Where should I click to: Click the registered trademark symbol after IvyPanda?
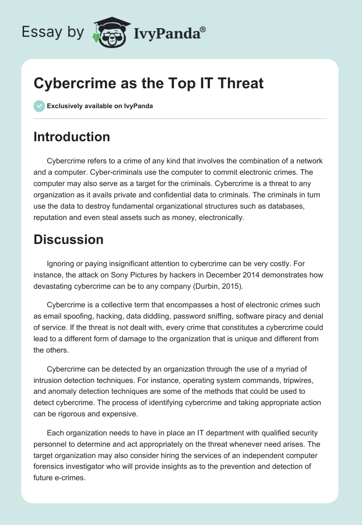[203, 29]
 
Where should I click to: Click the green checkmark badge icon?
[39, 106]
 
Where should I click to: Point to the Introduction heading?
[71, 137]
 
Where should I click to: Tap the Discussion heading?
[68, 239]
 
